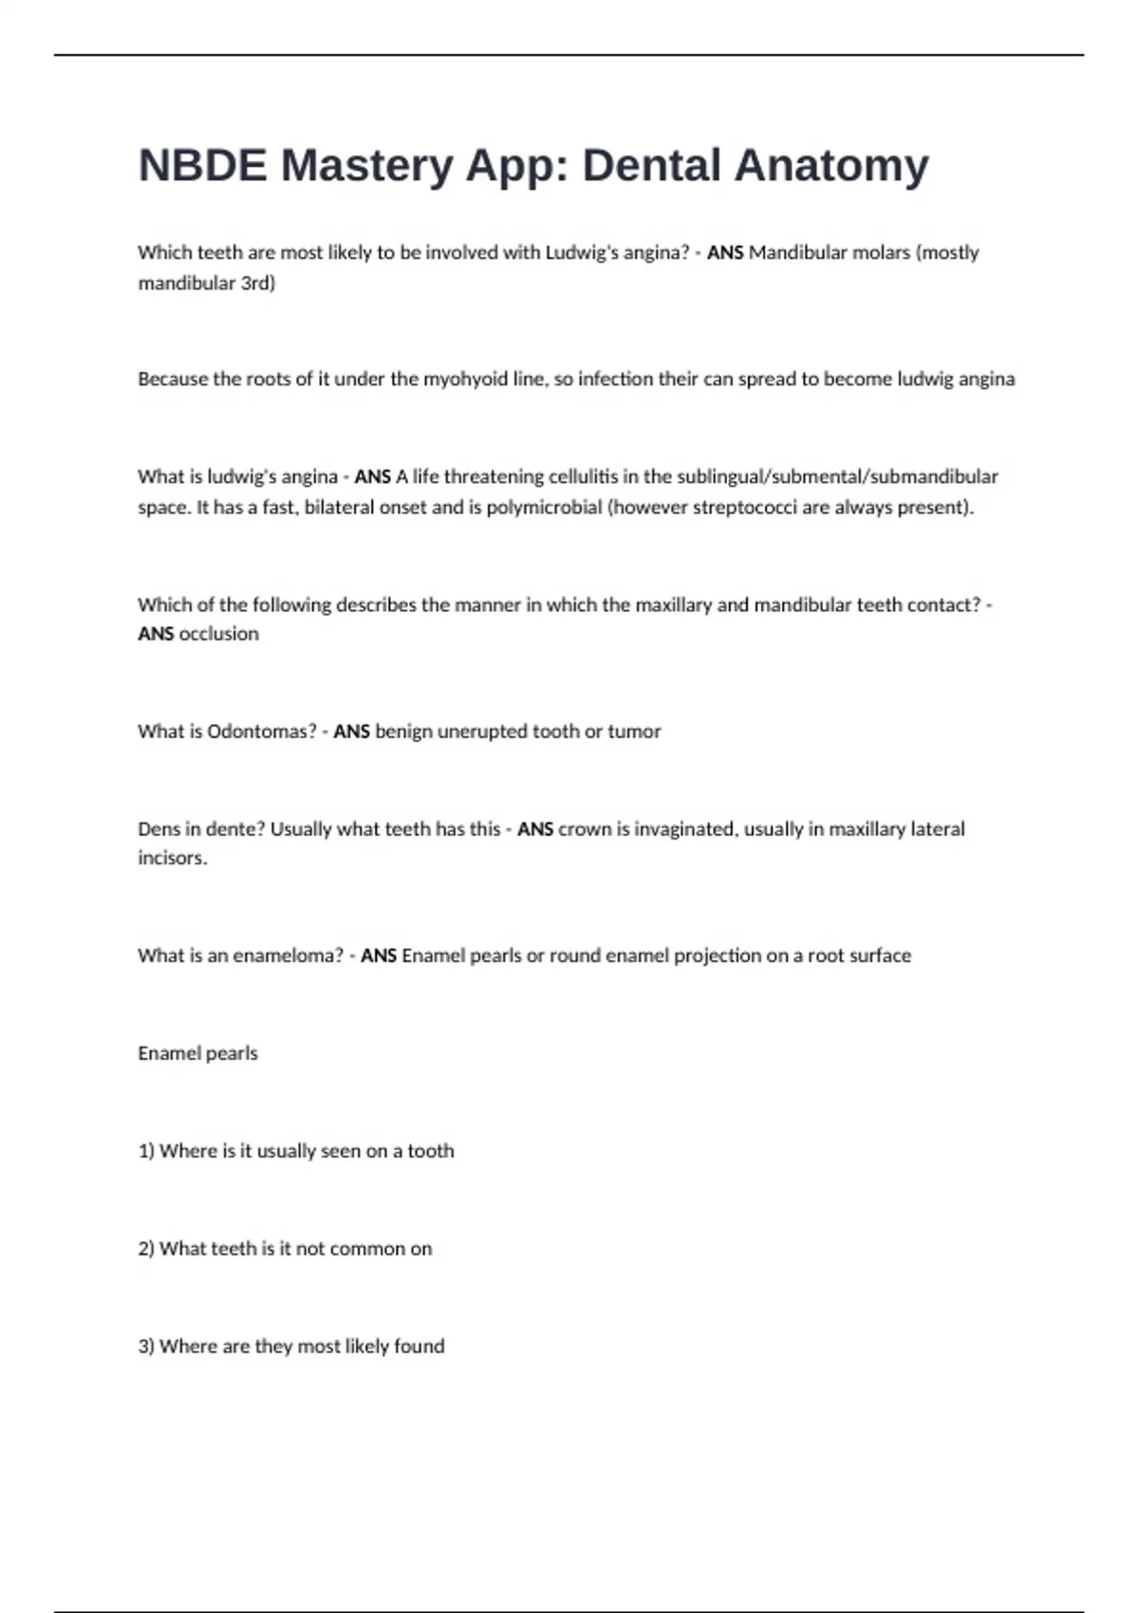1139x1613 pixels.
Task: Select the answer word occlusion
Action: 218,634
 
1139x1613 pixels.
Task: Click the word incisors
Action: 172,858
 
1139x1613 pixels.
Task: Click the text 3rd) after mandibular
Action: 257,283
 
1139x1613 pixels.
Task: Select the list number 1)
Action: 146,1151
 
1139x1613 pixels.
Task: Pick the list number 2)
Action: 146,1249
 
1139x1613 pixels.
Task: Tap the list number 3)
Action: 146,1346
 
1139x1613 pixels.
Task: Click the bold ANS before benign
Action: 351,732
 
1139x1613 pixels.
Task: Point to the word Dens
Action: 157,829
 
